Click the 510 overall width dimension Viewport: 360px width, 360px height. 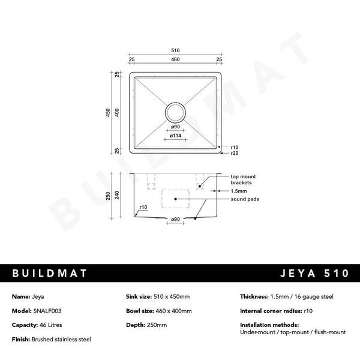tap(175, 50)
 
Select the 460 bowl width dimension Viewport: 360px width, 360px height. tap(175, 59)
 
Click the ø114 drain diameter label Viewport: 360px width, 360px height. tap(176, 136)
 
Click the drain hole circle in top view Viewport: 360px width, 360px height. tap(176, 112)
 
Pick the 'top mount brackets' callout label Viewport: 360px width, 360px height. tap(244, 179)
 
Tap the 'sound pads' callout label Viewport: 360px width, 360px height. tap(244, 199)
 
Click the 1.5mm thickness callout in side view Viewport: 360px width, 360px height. tap(239, 190)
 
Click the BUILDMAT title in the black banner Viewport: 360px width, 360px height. tap(50, 274)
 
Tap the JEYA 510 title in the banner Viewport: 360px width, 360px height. tap(314, 274)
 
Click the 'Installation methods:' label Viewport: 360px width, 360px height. tap(260, 325)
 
